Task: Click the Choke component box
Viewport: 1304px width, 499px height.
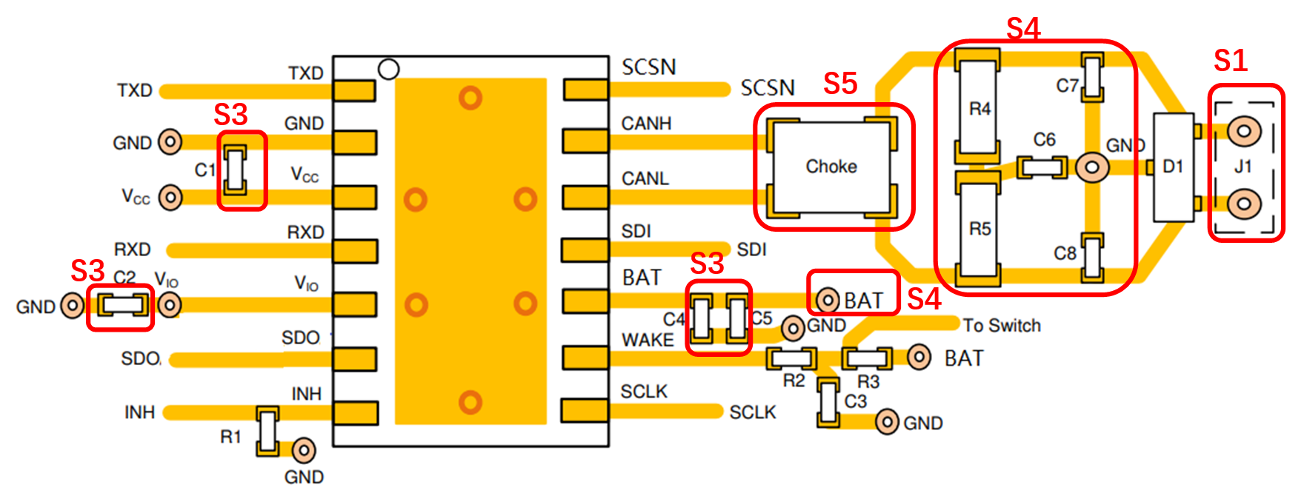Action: [831, 167]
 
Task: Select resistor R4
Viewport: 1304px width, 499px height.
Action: [978, 107]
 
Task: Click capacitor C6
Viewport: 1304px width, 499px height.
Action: [1042, 167]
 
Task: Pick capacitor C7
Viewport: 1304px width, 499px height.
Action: [1092, 77]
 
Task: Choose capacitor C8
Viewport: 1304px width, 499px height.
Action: [1092, 258]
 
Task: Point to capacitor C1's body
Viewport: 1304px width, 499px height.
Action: [236, 170]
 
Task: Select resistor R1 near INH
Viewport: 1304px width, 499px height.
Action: [267, 430]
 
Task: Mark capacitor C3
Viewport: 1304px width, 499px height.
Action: [828, 402]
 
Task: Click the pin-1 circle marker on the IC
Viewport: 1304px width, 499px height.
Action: [388, 70]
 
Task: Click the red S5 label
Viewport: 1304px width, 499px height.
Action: [840, 84]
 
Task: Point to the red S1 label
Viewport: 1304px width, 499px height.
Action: [1231, 61]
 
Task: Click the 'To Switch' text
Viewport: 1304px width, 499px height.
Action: [1002, 326]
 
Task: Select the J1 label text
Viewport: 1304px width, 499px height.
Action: [1243, 167]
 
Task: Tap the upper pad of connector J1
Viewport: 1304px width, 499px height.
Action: [1244, 132]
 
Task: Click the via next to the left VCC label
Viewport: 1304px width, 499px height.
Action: [170, 198]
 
